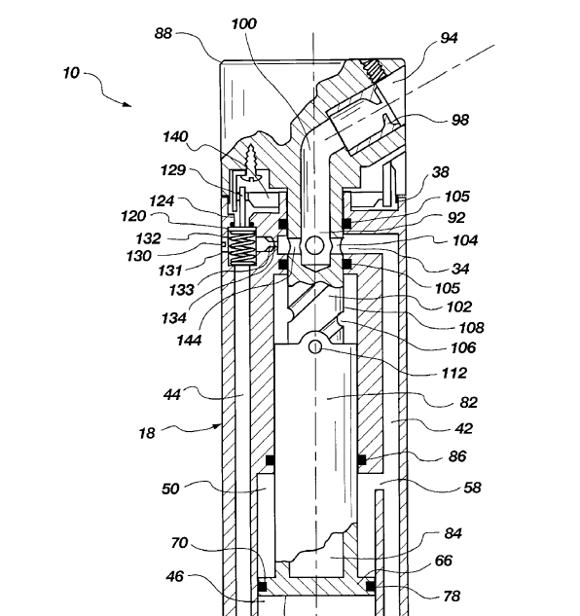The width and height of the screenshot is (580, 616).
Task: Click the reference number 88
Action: (x=163, y=33)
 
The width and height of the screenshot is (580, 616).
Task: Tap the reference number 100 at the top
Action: (x=244, y=24)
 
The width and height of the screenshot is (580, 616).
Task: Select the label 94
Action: (x=449, y=38)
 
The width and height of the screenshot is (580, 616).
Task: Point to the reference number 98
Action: (x=459, y=120)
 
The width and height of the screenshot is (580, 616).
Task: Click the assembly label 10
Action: (x=71, y=73)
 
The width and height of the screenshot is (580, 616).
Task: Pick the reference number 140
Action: (x=175, y=137)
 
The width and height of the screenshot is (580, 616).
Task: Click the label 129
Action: (x=173, y=170)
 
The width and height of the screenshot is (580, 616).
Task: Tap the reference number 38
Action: (x=440, y=172)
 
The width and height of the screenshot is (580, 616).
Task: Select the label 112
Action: (x=454, y=373)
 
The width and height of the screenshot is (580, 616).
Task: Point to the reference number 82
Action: (x=468, y=403)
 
